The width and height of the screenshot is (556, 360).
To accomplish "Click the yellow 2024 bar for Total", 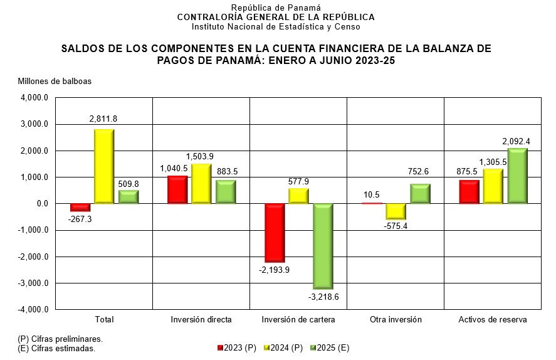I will [x=104, y=166].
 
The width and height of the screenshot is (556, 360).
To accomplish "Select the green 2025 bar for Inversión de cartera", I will [x=323, y=246].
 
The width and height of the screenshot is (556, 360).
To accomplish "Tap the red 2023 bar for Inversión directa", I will [x=177, y=190].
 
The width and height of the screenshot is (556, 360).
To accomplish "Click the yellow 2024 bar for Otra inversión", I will [x=395, y=211].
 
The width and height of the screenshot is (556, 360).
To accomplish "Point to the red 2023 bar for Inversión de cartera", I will [x=275, y=233].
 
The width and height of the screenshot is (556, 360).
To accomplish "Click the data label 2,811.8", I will [x=103, y=119].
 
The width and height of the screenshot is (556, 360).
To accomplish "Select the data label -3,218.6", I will [x=323, y=297].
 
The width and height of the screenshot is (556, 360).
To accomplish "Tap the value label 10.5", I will [x=372, y=194].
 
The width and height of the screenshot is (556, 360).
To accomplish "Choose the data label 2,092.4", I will [x=517, y=142].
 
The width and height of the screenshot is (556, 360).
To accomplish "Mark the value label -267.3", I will [x=80, y=219].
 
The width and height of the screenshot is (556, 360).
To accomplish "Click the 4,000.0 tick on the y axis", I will [x=34, y=98].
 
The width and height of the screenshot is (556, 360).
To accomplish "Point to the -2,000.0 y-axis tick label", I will [x=33, y=257].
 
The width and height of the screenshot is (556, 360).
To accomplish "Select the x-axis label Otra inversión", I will [x=396, y=319].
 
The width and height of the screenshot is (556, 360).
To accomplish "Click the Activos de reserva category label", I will [x=493, y=319].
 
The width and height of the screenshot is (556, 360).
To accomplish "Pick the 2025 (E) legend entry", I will [x=330, y=348].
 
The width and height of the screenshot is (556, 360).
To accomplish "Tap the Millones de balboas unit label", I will [x=55, y=82].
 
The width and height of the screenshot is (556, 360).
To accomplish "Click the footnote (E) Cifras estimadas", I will [x=56, y=348].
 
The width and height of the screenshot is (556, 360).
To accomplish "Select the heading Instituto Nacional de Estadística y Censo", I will [x=276, y=27].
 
